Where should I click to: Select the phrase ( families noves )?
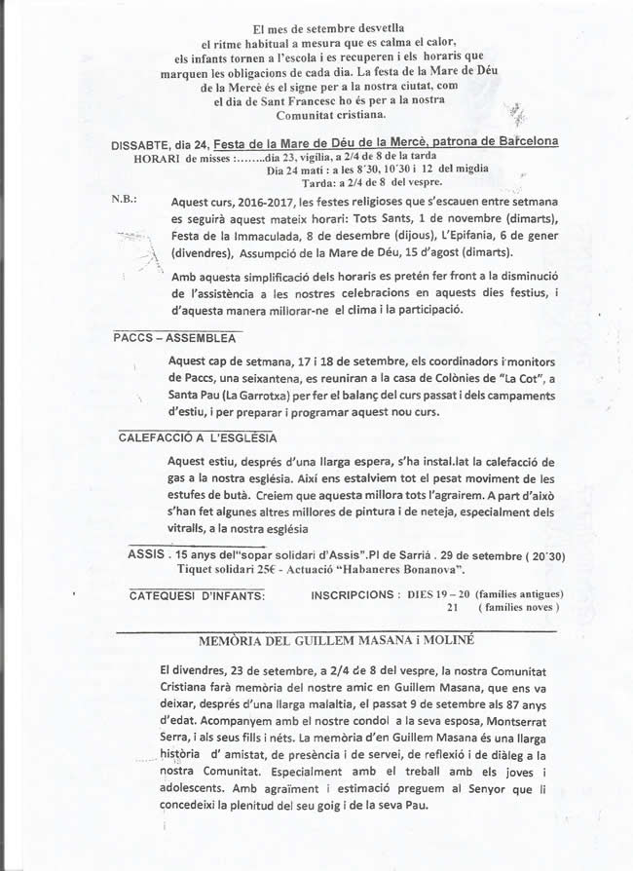coord(518,607)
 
